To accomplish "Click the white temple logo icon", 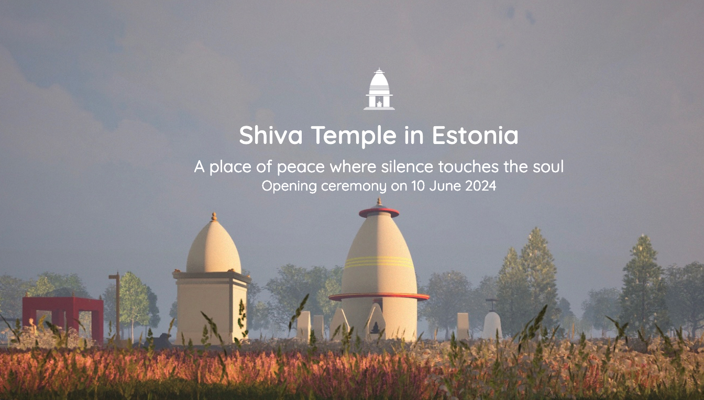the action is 379,89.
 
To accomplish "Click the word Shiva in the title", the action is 271,135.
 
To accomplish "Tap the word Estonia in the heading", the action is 475,135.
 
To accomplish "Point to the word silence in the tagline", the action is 407,166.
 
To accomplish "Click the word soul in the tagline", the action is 548,166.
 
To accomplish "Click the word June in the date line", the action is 445,186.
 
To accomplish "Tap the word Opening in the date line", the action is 290,186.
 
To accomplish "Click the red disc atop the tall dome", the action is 379,213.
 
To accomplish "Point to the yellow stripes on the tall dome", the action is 379,262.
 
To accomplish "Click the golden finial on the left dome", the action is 214,217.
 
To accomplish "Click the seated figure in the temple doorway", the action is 375,328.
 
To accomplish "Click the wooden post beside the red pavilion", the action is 117,306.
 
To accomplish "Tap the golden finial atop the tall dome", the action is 379,202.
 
